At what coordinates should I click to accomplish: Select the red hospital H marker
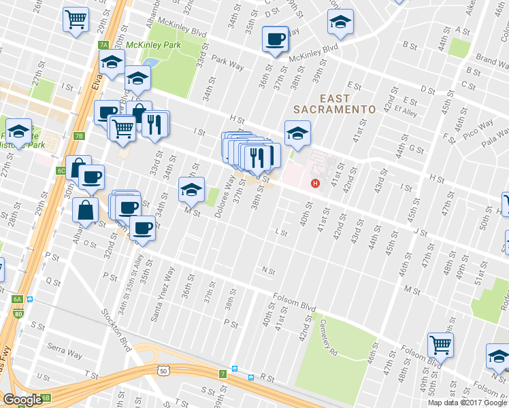tap(314, 183)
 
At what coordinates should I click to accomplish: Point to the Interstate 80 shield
tap(17, 314)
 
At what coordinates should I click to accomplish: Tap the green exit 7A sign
tap(103, 45)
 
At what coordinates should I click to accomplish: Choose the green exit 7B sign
tap(79, 136)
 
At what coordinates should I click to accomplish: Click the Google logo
tap(22, 399)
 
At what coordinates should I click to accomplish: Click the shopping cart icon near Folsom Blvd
tap(440, 345)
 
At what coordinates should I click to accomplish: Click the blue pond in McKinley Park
tap(150, 64)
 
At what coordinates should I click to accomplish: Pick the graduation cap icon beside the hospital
tap(297, 133)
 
